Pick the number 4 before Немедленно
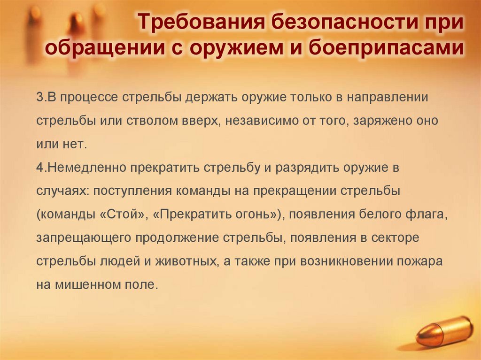pyautogui.click(x=39, y=168)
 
